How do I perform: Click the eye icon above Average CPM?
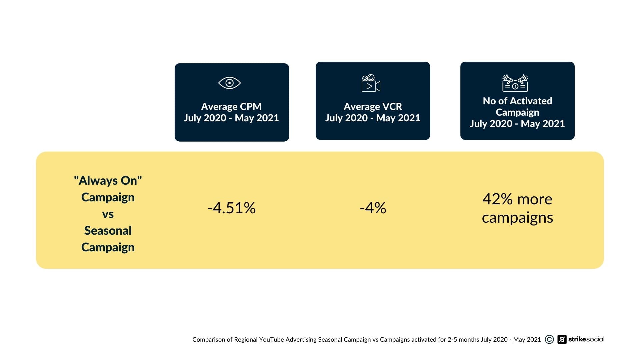[229, 83]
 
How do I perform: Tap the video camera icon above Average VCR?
[371, 83]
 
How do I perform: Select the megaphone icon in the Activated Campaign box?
[515, 83]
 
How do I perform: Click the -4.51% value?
[231, 208]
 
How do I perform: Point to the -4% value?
[373, 208]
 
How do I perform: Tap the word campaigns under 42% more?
[517, 218]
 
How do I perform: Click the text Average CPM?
[231, 107]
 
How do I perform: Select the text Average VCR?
[373, 107]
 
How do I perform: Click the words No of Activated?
[517, 101]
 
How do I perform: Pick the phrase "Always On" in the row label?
[108, 181]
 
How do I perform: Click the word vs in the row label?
[108, 214]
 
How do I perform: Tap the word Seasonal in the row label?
[108, 231]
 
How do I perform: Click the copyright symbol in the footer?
[549, 339]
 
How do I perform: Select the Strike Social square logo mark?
[562, 339]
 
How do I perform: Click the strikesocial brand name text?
[586, 339]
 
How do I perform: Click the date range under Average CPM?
[231, 118]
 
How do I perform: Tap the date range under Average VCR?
[373, 118]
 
